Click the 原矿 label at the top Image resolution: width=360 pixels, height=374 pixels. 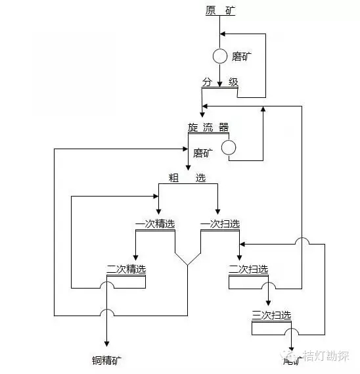coord(219,10)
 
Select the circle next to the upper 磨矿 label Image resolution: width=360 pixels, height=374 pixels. coord(220,57)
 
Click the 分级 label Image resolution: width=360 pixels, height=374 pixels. coord(219,82)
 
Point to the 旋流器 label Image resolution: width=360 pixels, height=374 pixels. coord(208,127)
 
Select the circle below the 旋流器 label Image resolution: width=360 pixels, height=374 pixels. coord(228,148)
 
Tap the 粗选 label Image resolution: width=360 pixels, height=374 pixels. coord(187,177)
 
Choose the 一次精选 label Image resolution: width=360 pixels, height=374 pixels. coord(155,223)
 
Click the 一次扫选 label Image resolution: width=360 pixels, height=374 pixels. coord(219,223)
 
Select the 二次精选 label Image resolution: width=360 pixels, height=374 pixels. coord(126,269)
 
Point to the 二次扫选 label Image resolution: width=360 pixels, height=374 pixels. coord(248,269)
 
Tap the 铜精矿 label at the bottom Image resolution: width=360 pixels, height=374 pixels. coord(106,360)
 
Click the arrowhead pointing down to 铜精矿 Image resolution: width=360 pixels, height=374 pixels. coord(106,342)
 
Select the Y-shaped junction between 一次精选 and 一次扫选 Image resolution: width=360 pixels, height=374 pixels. coord(187,264)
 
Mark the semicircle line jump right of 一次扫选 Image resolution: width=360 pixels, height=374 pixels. coord(302,243)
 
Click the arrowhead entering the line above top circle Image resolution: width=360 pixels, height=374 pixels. coord(223,33)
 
